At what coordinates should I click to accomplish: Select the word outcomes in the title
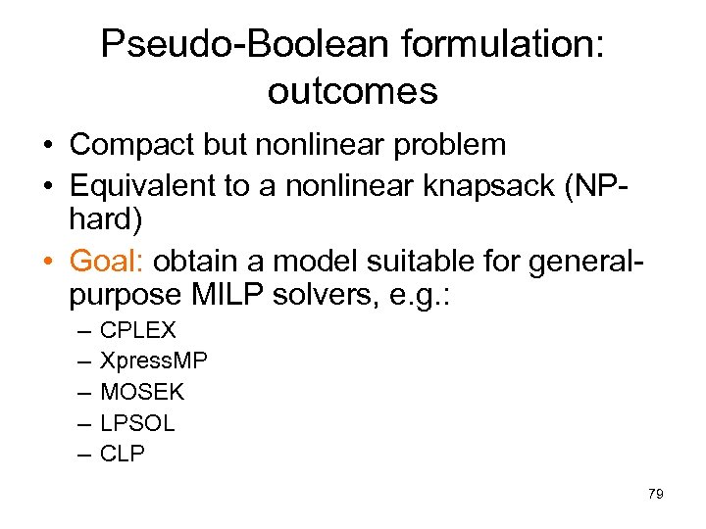[352, 91]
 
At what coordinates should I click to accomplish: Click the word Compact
[127, 146]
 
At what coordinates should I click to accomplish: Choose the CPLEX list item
[138, 331]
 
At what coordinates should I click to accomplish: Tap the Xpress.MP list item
[154, 361]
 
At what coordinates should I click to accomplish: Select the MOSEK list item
[142, 392]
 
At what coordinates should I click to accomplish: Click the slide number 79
[656, 494]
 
